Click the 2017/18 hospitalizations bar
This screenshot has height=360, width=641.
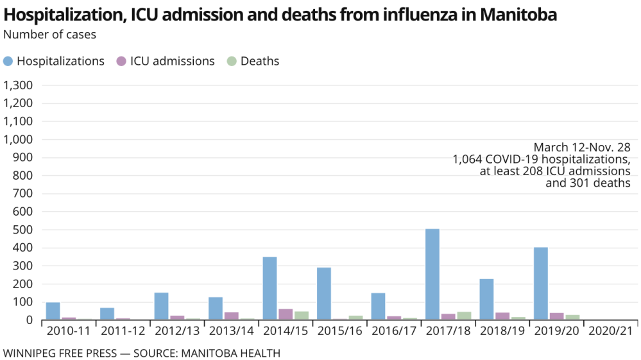pyautogui.click(x=432, y=274)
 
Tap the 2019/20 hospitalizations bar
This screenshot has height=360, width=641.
pyautogui.click(x=541, y=283)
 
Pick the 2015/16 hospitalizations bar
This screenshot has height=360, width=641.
pyautogui.click(x=324, y=293)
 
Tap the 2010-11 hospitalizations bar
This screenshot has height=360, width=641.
pyautogui.click(x=53, y=311)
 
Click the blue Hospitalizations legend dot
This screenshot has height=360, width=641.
pyautogui.click(x=8, y=62)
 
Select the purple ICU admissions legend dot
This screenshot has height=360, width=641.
pyautogui.click(x=121, y=62)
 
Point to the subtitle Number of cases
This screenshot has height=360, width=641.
pyautogui.click(x=49, y=35)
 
